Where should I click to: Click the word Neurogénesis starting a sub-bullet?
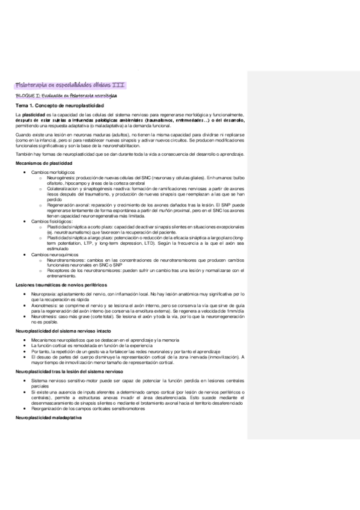pyautogui.click(x=59, y=177)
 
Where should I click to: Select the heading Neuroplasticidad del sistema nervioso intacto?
pyautogui.click(x=65, y=331)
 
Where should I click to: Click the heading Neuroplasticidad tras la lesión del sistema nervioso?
pyautogui.click(x=71, y=373)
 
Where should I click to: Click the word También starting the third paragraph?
pyautogui.click(x=25, y=155)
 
